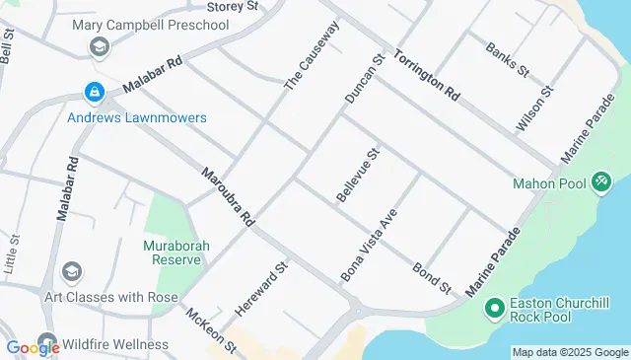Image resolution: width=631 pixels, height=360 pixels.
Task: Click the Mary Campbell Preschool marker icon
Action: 99,47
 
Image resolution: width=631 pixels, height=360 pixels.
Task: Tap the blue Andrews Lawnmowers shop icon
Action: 94,93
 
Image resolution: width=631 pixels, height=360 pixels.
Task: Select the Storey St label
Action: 234,6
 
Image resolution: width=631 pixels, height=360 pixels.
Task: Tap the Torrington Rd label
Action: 427,76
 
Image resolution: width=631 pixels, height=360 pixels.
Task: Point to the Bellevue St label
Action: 357,177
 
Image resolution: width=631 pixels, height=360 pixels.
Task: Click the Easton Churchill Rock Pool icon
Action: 495,310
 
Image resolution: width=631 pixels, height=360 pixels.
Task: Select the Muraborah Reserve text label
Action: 172,252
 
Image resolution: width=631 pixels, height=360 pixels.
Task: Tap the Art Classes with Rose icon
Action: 71,271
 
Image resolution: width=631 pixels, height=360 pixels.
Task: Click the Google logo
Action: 33,347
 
